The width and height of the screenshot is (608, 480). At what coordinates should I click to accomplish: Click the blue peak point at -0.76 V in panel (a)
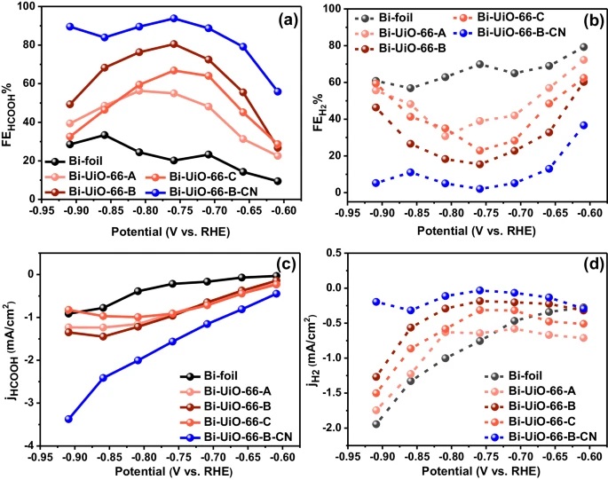tap(174, 18)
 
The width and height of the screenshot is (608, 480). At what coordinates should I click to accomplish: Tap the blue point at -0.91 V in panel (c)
tap(68, 419)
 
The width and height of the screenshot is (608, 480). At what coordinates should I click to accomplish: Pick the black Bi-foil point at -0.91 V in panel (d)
tap(376, 424)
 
